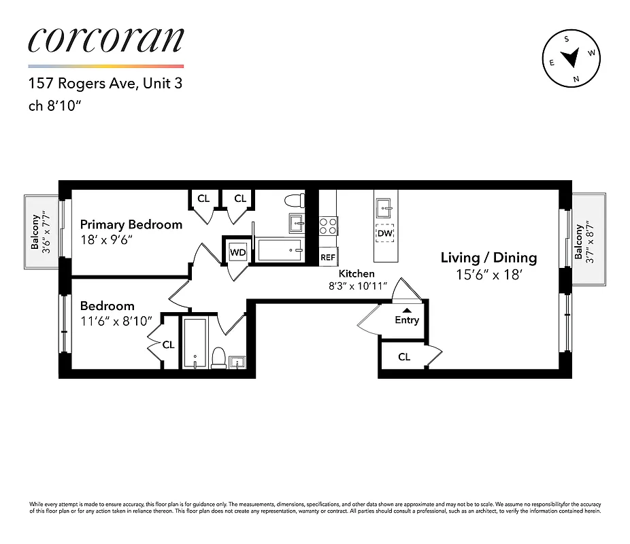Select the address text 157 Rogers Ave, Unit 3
pos(105,84)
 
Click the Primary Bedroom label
pos(131,224)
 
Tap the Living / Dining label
pos(488,258)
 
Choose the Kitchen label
pos(357,273)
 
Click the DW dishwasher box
pos(386,233)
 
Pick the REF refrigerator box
pos(328,257)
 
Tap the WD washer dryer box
pos(237,252)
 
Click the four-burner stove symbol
pos(328,225)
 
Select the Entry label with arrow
pos(407,318)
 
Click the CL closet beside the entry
pos(404,356)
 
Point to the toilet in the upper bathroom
pos(294,200)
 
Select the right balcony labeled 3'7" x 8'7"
pos(588,238)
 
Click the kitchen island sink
pos(386,206)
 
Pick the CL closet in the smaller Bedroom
pos(168,345)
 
